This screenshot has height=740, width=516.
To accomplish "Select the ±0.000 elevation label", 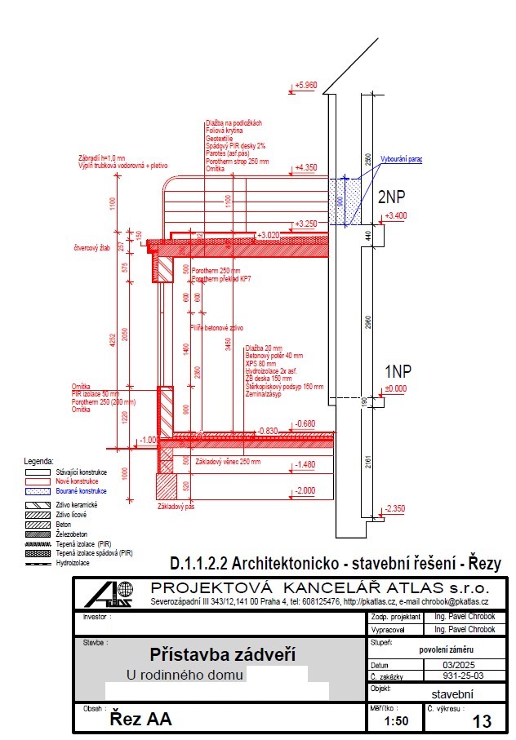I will click(396, 388).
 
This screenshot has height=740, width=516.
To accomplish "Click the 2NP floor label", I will click(392, 197).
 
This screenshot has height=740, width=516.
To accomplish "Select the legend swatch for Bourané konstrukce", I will click(38, 491).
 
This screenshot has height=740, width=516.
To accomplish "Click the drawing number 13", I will click(482, 721).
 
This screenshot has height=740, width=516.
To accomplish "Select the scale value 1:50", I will click(396, 721).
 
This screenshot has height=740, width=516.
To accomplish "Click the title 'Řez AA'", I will click(140, 720).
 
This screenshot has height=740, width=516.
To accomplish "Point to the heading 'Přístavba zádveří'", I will click(210, 654).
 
